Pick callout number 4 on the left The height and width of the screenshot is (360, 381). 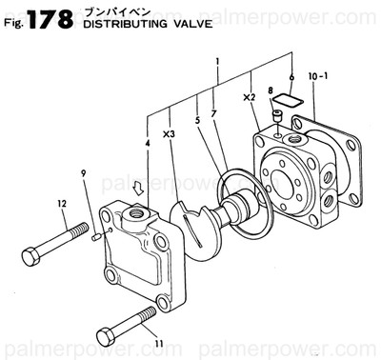pyautogui.click(x=148, y=145)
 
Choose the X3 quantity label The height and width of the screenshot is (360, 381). pyautogui.click(x=169, y=134)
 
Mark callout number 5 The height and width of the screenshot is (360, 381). pyautogui.click(x=197, y=121)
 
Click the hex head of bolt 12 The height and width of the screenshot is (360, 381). pyautogui.click(x=30, y=255)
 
